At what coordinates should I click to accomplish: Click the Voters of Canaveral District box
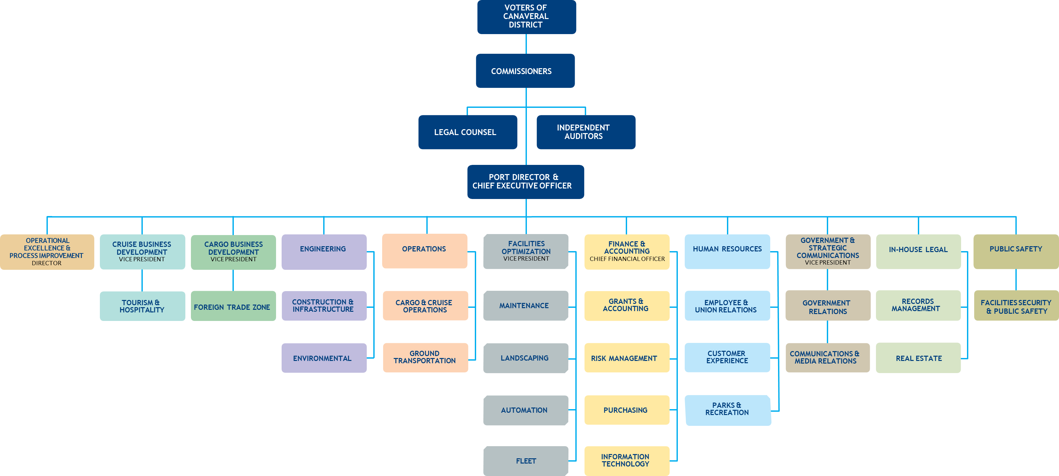[x=526, y=16]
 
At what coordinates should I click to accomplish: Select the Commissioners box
[x=525, y=71]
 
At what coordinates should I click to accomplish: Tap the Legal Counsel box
[x=467, y=132]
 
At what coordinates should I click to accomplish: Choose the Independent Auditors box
[x=585, y=132]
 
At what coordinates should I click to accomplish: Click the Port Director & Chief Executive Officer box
[x=525, y=181]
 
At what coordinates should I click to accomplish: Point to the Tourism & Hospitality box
[x=142, y=306]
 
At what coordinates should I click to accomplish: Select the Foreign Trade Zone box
[x=233, y=307]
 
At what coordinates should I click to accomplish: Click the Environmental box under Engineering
[x=324, y=358]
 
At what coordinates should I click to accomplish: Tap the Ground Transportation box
[x=425, y=357]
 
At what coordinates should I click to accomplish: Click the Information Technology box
[x=626, y=460]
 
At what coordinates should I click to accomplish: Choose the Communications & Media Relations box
[x=827, y=357]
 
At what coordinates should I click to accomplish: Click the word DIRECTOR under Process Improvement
[x=46, y=263]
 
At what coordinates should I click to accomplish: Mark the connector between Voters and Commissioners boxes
[x=526, y=44]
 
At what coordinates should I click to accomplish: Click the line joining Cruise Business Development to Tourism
[x=142, y=280]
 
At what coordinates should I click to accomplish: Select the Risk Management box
[x=626, y=358]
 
